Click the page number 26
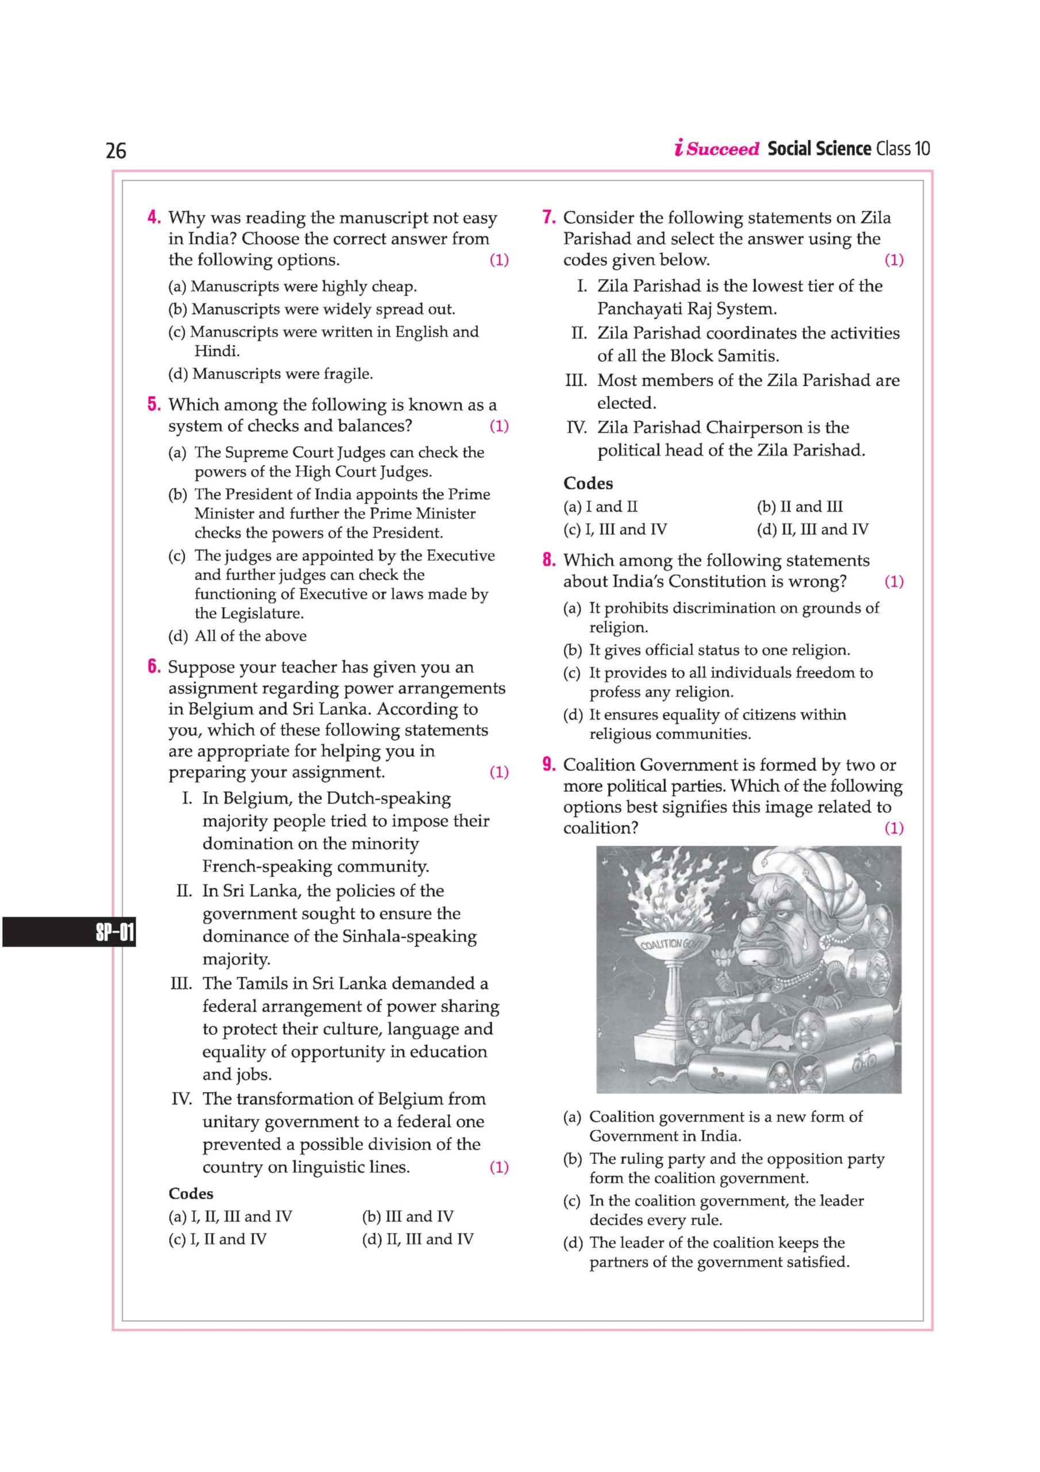point(116,151)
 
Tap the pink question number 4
point(154,217)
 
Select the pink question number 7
point(549,217)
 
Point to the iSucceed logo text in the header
point(717,149)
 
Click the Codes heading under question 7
point(588,484)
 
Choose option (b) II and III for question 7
point(800,507)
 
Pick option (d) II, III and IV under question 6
point(417,1239)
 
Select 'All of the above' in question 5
point(250,636)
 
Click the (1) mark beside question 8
point(894,581)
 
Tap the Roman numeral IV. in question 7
point(577,428)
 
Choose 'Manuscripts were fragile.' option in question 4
point(282,374)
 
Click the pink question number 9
point(549,764)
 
